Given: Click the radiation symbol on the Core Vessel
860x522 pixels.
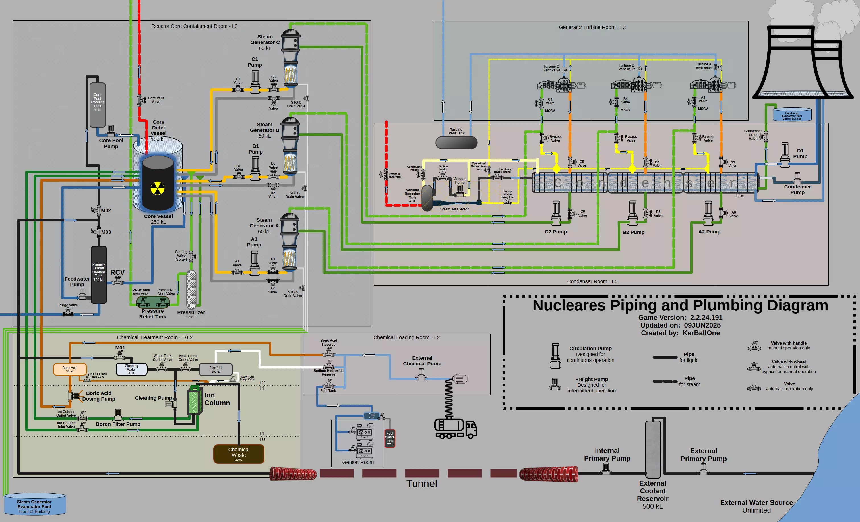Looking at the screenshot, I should click(158, 188).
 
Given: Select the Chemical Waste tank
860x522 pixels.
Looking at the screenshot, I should click(239, 453).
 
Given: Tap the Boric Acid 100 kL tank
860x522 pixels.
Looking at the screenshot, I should click(70, 369).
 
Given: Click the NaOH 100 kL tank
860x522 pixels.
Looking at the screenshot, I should click(215, 369).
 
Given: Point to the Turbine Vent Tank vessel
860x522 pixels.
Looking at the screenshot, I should click(456, 142).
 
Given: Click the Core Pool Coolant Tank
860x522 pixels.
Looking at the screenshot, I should click(97, 105).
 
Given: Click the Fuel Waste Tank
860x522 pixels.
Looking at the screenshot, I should click(390, 438).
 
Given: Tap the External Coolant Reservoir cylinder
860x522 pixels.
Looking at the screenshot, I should click(653, 448).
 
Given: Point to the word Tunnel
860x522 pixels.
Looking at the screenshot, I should click(421, 484).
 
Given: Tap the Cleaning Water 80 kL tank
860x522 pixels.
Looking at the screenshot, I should click(131, 369).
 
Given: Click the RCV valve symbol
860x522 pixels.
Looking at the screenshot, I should click(118, 281).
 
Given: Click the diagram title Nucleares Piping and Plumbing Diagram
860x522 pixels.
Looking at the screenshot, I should click(680, 305).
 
